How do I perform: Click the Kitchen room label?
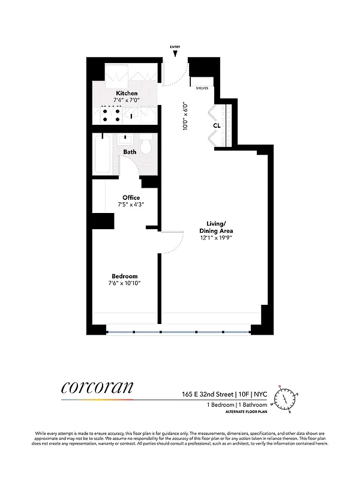click(127, 93)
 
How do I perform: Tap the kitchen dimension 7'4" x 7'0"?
click(127, 100)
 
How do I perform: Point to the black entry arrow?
click(175, 55)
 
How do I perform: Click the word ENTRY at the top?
click(175, 46)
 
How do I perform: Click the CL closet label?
click(217, 126)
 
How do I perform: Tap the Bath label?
click(130, 152)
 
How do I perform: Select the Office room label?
click(131, 197)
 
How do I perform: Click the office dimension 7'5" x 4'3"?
click(131, 205)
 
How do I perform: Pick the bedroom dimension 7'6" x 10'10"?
click(124, 283)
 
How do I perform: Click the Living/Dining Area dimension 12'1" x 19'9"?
click(216, 238)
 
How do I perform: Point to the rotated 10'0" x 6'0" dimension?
click(186, 115)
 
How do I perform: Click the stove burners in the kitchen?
click(110, 115)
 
